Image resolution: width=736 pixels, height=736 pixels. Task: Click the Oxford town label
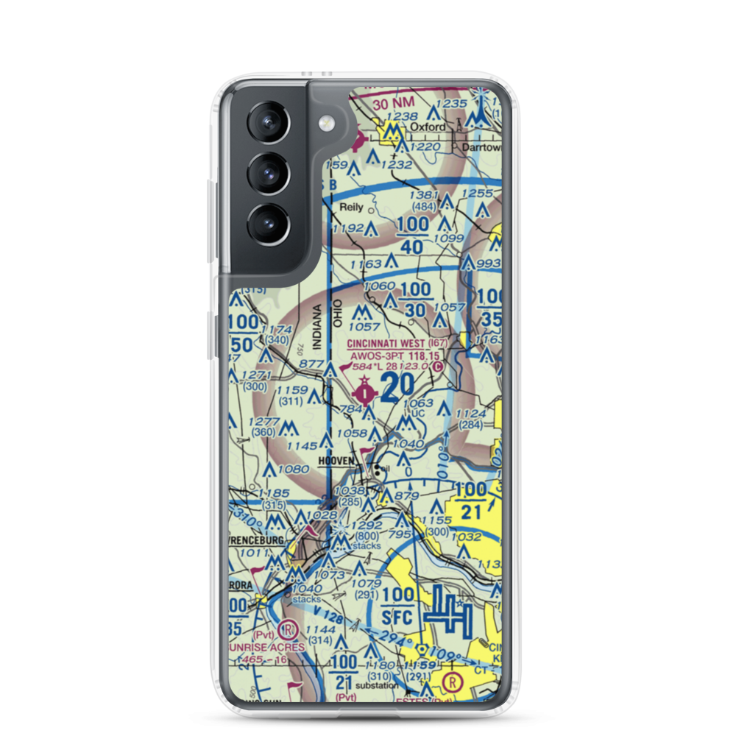click(428, 127)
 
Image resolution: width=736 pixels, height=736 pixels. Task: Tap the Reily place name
click(351, 208)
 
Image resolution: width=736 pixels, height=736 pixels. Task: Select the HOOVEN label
click(337, 461)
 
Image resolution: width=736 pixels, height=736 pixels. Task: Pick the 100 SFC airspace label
click(398, 603)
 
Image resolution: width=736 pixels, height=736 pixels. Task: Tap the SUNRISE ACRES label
click(269, 646)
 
